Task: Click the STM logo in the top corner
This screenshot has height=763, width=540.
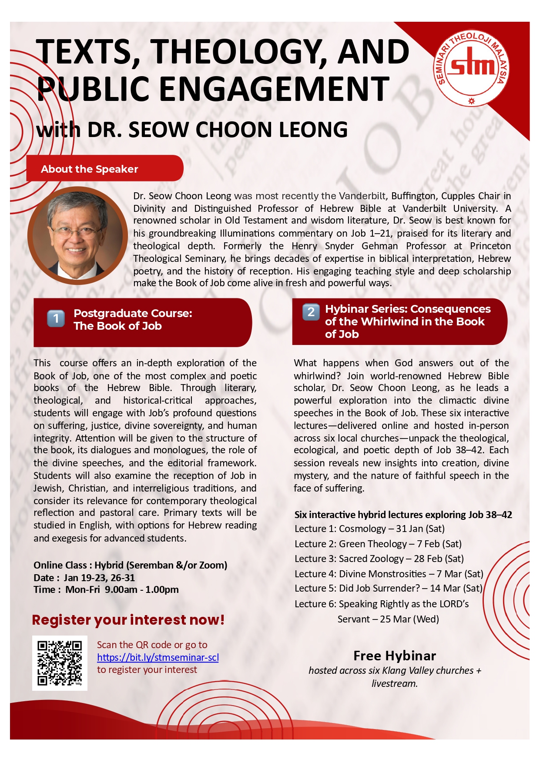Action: click(x=472, y=69)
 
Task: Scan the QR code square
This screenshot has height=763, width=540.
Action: click(x=60, y=663)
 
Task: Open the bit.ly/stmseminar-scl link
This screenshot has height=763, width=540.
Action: click(x=158, y=657)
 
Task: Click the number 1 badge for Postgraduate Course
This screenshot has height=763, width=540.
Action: click(x=56, y=319)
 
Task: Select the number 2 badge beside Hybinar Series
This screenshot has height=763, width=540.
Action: click(x=311, y=312)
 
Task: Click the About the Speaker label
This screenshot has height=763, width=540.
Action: click(x=89, y=169)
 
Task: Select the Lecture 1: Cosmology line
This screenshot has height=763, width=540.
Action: click(x=369, y=529)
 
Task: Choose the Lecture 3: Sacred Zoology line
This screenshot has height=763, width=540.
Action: click(x=379, y=559)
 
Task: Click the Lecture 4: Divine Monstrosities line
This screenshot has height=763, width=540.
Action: click(x=389, y=574)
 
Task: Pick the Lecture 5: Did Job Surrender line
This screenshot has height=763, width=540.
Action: click(x=388, y=589)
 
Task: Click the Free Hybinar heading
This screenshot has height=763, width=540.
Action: click(x=394, y=656)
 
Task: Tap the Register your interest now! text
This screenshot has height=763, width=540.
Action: click(x=128, y=620)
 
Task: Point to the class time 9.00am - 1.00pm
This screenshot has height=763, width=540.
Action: click(x=141, y=590)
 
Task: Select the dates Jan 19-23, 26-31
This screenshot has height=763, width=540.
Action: click(x=99, y=578)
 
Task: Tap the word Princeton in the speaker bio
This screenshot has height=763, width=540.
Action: click(x=490, y=246)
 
